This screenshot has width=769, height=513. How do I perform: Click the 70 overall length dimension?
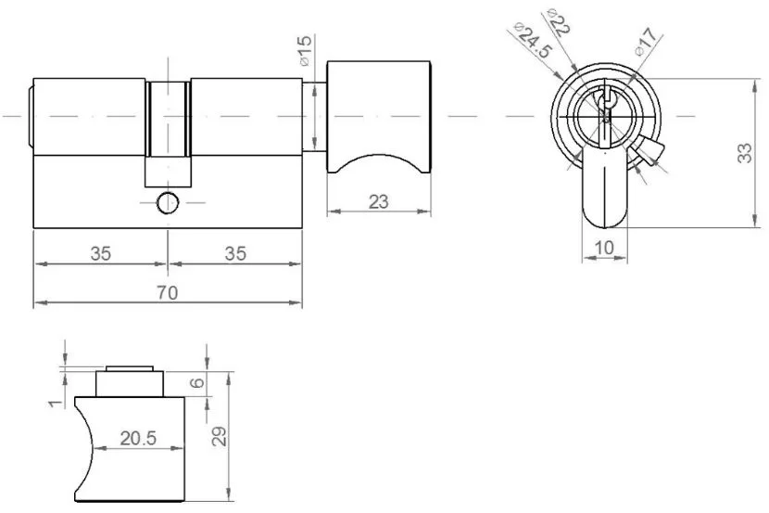pyautogui.click(x=168, y=292)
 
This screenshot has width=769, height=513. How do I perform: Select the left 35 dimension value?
pyautogui.click(x=101, y=254)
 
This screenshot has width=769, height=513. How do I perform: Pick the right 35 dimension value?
pyautogui.click(x=235, y=254)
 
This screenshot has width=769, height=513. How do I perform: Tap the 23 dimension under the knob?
pyautogui.click(x=379, y=201)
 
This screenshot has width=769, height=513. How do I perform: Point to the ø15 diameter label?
pyautogui.click(x=305, y=50)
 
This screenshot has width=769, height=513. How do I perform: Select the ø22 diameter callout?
pyautogui.click(x=558, y=21)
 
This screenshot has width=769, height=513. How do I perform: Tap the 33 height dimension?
pyautogui.click(x=745, y=153)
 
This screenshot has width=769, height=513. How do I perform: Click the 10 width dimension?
pyautogui.click(x=604, y=248)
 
